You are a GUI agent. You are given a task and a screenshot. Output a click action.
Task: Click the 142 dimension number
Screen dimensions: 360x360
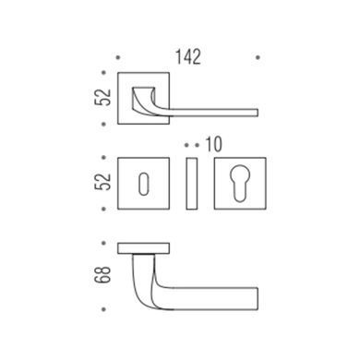(x=188, y=57)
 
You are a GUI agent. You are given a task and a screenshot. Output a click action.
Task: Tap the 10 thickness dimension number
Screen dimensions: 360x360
(x=213, y=145)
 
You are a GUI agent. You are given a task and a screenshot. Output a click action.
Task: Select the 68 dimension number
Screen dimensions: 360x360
(x=102, y=275)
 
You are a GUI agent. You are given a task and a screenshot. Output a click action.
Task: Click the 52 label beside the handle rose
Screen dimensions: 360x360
(x=102, y=97)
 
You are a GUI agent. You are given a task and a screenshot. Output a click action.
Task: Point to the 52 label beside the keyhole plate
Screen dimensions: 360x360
(x=102, y=182)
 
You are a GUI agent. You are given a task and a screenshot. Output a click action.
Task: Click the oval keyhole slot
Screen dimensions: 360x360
(x=143, y=184)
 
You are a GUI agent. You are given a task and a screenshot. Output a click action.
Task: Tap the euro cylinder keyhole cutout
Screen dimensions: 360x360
(x=240, y=184)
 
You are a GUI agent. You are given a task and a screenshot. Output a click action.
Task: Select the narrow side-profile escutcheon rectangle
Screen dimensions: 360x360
(x=192, y=184)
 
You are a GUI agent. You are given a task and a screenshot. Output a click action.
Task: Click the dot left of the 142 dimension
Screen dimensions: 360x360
(x=118, y=57)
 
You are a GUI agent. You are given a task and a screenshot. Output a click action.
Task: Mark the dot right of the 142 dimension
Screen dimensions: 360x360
(x=258, y=57)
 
